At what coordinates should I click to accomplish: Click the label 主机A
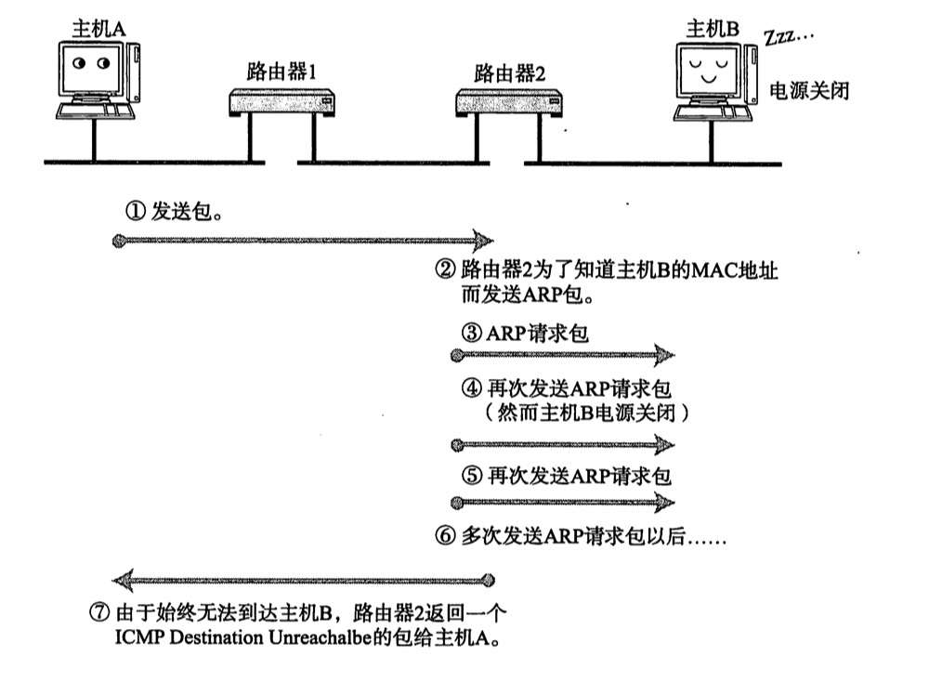(98, 29)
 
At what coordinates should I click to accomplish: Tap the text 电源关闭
(810, 91)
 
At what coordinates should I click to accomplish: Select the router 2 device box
(508, 100)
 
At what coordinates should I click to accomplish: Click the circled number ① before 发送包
(135, 211)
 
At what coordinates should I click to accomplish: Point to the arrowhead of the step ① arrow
(482, 242)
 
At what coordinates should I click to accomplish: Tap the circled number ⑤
(471, 477)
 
